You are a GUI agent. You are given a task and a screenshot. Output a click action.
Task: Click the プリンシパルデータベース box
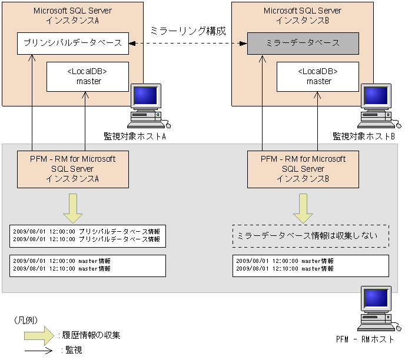[73, 43]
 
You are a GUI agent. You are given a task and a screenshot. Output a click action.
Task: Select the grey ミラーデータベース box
[303, 43]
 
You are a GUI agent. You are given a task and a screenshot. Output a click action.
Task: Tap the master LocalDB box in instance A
[88, 76]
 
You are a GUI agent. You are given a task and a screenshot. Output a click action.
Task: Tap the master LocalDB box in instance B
[318, 76]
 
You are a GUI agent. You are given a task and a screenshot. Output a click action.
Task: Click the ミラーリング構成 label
[188, 30]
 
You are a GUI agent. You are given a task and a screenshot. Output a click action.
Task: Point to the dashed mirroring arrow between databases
[188, 43]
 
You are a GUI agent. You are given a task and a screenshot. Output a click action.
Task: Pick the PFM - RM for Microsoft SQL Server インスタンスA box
[72, 169]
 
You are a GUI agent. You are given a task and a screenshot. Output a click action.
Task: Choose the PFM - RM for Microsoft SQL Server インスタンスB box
[303, 169]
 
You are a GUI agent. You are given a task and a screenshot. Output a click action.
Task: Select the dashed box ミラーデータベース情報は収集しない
[310, 236]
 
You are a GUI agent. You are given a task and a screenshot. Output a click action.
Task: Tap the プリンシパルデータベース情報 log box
[87, 235]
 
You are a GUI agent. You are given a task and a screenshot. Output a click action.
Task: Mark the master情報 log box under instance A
[87, 265]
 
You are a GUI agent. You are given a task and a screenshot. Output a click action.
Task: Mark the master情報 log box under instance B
[310, 265]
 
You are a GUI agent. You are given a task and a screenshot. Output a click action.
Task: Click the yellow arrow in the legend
[40, 336]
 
